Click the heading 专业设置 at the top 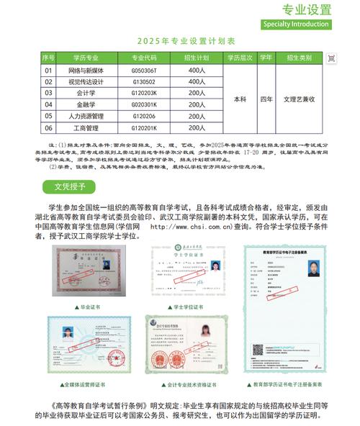click(307, 9)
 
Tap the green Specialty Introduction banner click(297, 24)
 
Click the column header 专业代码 click(143, 57)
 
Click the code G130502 click(143, 81)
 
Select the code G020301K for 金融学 click(143, 104)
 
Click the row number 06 click(49, 128)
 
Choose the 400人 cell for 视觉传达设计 click(197, 81)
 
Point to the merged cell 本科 click(240, 99)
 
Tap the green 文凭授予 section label click(70, 187)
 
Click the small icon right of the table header click(331, 57)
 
